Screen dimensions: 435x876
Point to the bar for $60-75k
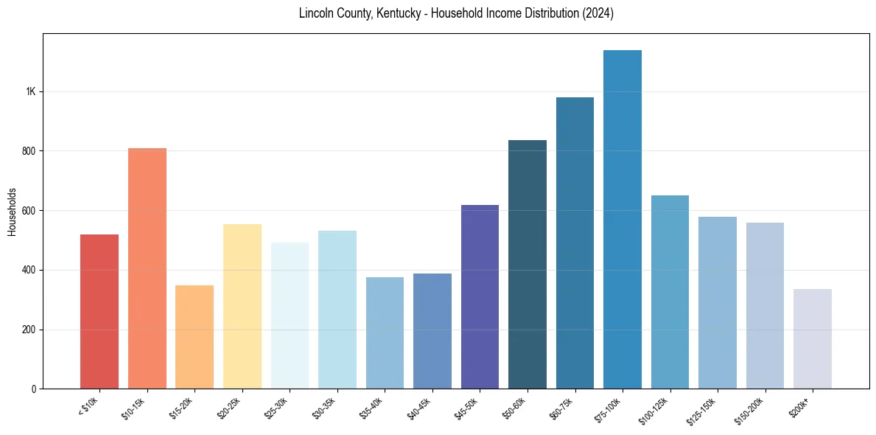575,243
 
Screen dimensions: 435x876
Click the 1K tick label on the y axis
31,92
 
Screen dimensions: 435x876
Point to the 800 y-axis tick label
29,151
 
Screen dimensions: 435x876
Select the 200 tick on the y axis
29,330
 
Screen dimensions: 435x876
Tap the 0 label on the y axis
34,389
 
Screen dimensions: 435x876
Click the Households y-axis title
12,211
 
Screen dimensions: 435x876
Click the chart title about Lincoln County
456,13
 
